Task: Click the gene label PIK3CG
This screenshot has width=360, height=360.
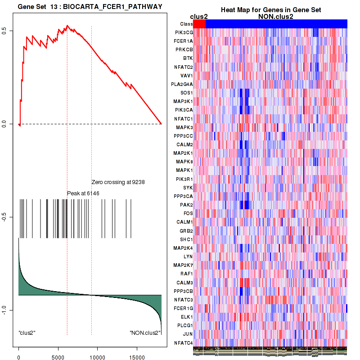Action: (x=184, y=32)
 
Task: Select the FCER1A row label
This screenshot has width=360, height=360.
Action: (x=184, y=41)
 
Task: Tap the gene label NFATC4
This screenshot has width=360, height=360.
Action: (x=184, y=343)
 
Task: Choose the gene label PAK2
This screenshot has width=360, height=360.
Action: (x=186, y=205)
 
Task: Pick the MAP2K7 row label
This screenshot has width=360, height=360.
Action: (x=184, y=265)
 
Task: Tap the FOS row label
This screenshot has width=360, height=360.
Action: (x=188, y=213)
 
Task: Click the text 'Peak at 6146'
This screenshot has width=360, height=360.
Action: (x=83, y=193)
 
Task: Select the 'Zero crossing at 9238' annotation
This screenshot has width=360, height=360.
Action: (x=117, y=182)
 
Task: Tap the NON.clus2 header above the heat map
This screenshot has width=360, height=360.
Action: (x=275, y=17)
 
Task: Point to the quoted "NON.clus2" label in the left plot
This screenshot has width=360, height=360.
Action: (x=145, y=333)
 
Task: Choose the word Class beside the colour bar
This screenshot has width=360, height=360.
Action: (x=186, y=24)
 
